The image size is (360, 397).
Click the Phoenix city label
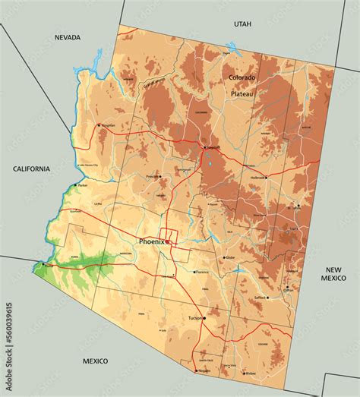coord(152,241)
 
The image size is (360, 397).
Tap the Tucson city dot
coord(204,318)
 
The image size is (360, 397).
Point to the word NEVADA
coord(68,37)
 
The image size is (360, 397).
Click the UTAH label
coord(242,24)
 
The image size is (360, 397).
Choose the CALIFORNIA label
coord(30,169)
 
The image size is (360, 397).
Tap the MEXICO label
coord(95,361)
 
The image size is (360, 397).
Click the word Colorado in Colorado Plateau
coord(242,77)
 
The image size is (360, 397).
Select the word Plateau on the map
coord(242,93)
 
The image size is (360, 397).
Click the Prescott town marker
coord(159,176)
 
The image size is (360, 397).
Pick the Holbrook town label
coord(258,178)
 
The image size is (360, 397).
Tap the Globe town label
coord(230,258)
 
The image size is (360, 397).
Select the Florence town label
coord(201,272)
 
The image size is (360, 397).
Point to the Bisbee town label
coord(250,373)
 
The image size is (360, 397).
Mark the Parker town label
coord(82,184)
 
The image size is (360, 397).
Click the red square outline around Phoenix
coord(172,238)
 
